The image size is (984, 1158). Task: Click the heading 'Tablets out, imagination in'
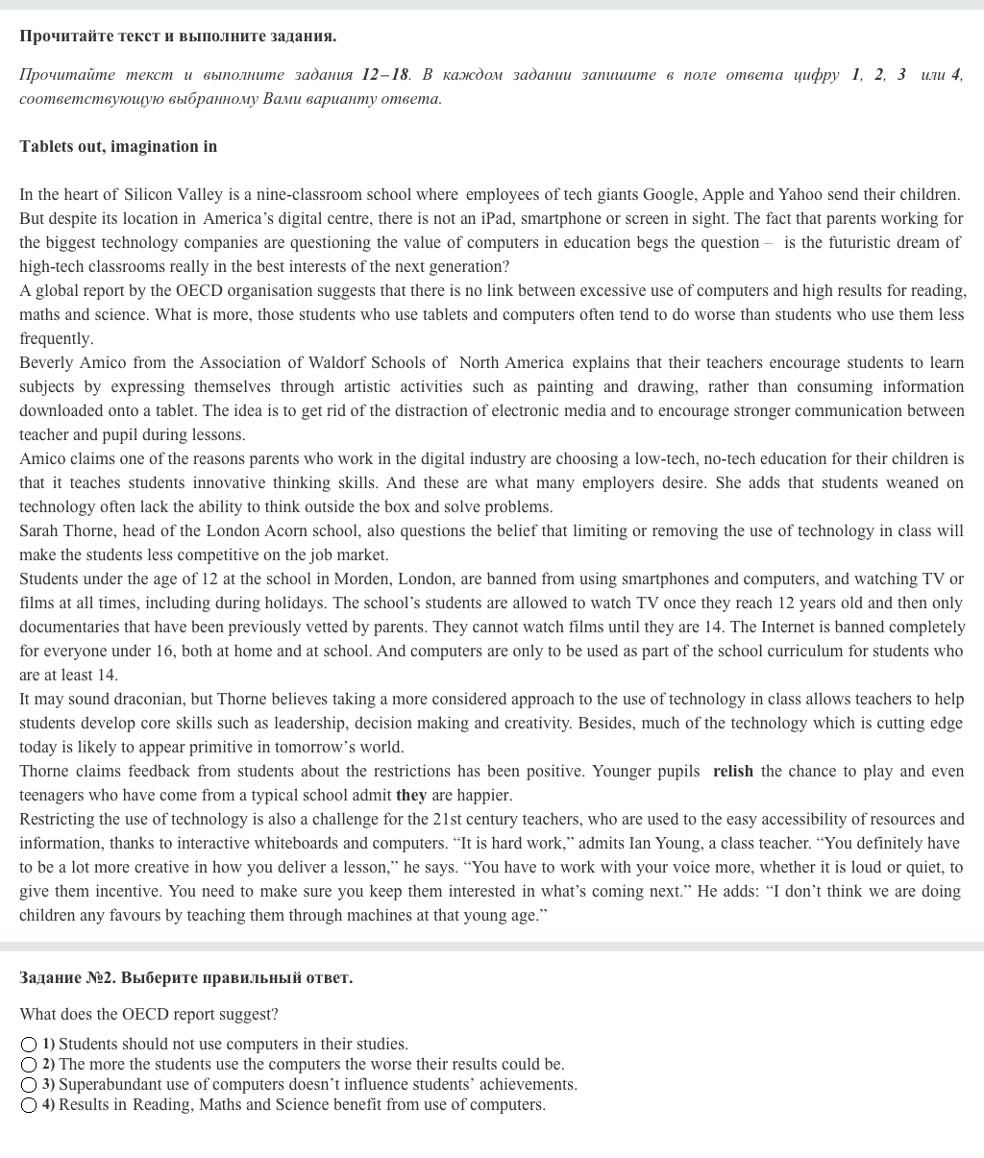tap(118, 146)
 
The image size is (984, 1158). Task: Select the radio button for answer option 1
tap(29, 1045)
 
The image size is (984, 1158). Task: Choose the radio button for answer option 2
tap(29, 1065)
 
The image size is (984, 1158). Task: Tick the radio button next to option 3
tap(29, 1085)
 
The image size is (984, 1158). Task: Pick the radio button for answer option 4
tap(29, 1105)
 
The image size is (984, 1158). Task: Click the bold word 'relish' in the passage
tap(733, 771)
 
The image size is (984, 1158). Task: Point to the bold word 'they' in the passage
tap(411, 795)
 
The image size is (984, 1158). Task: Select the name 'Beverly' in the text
tap(45, 362)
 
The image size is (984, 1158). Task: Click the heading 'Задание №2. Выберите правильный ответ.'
tap(185, 977)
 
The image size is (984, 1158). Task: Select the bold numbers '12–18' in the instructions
tap(385, 74)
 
